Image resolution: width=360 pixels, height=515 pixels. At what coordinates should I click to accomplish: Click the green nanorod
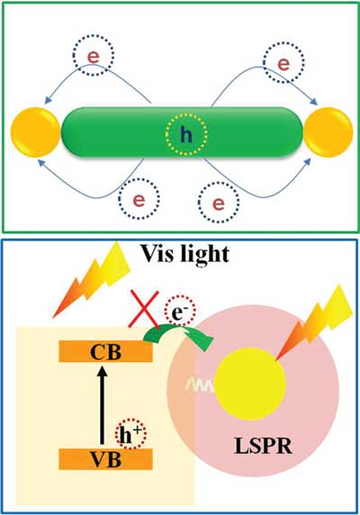(x=182, y=132)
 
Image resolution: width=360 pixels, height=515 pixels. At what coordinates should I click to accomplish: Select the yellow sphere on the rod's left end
(x=36, y=132)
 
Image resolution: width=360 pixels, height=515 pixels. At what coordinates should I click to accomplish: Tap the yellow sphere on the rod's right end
(x=328, y=132)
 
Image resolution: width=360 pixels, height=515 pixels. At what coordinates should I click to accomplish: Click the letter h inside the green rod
(x=186, y=134)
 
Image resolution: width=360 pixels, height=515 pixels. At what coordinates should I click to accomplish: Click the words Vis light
(x=184, y=254)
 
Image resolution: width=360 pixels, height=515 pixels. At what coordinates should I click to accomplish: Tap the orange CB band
(x=105, y=351)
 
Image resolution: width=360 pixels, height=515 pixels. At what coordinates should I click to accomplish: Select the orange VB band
(x=105, y=459)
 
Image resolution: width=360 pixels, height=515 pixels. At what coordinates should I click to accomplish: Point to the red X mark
(x=144, y=309)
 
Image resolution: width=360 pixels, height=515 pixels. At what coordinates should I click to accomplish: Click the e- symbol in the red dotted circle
(x=179, y=312)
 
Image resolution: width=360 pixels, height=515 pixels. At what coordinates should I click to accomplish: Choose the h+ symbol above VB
(x=130, y=435)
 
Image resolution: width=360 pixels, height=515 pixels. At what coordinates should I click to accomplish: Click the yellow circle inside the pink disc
(x=251, y=384)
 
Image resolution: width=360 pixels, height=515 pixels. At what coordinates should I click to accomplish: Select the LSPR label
(x=263, y=446)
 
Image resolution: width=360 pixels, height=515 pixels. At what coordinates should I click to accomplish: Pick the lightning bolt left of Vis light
(x=92, y=278)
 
